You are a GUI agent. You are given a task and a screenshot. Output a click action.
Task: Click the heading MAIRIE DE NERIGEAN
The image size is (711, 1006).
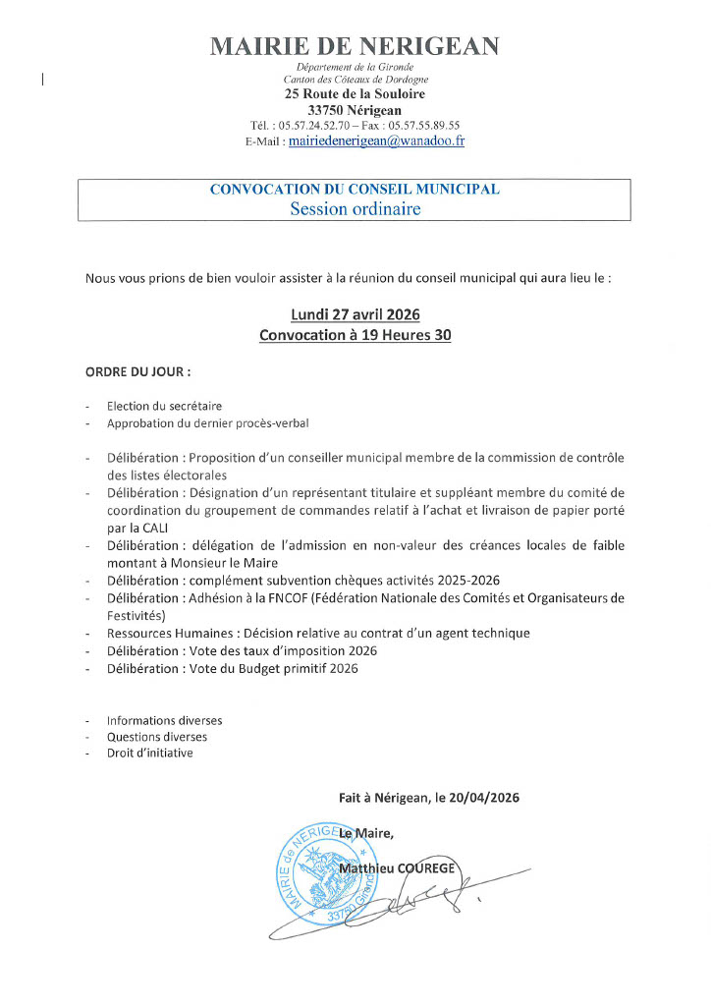point(355,45)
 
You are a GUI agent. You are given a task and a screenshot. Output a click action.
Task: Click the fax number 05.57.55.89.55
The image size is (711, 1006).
point(424,126)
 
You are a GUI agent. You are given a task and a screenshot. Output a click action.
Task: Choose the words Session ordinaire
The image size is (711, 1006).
point(355,208)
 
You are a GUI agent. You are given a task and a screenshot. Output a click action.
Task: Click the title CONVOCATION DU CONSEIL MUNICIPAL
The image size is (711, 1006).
point(355,190)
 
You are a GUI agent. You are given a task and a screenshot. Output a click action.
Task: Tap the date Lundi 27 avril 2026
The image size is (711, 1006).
point(355,314)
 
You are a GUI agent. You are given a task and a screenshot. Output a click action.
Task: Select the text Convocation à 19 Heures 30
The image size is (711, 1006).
point(355,335)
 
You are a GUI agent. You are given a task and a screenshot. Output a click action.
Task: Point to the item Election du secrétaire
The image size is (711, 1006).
point(164,406)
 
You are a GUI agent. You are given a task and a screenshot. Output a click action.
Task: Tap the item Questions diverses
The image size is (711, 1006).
point(157,737)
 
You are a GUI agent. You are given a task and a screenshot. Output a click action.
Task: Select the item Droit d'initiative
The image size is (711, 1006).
point(150,754)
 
